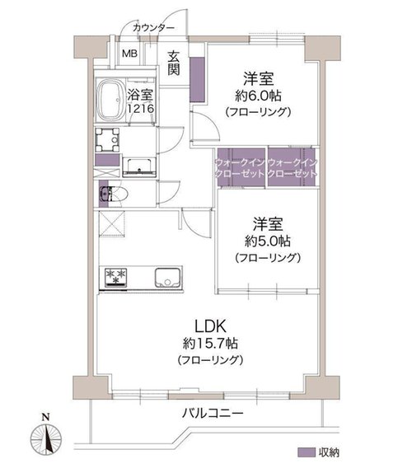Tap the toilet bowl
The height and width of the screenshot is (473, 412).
pos(118,194)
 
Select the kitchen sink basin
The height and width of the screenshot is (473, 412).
pos(167,278)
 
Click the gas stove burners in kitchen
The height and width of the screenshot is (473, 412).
pos(116,277)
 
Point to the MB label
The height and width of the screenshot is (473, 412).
pos(129,54)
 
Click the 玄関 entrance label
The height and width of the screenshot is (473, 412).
pos(174,63)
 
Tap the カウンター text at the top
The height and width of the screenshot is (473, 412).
pos(153,28)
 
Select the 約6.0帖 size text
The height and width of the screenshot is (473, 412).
pos(258,96)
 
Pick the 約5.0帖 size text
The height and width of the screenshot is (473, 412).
pos(268,241)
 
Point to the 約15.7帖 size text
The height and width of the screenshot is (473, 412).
pos(210,344)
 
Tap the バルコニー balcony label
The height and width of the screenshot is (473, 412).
pos(213,413)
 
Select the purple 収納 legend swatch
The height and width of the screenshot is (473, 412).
pos(305,452)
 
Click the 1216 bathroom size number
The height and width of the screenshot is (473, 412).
pos(141,108)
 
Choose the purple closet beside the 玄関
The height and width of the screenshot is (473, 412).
pos(197,80)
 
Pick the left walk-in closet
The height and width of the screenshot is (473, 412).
pos(241,167)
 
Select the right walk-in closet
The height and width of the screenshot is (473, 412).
pos(292,167)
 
